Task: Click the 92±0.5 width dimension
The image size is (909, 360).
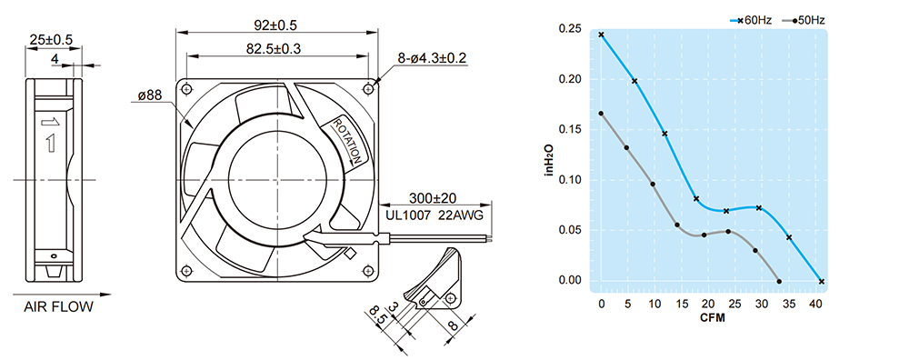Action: (x=275, y=25)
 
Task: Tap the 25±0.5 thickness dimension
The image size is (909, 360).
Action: (x=51, y=40)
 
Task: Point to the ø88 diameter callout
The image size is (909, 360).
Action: (x=150, y=95)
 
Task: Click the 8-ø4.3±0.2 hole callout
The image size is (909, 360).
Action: (x=432, y=58)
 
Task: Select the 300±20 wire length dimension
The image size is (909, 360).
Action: (x=432, y=199)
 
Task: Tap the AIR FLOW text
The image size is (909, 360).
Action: (x=58, y=307)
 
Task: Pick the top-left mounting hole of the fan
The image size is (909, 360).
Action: (x=186, y=89)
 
